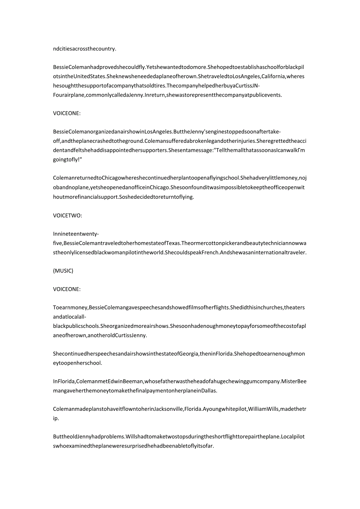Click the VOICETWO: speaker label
click(x=67, y=215)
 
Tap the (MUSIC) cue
click(x=63, y=271)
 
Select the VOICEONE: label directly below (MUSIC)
click(x=67, y=289)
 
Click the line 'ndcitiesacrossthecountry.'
click(x=85, y=49)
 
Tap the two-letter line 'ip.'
click(x=56, y=418)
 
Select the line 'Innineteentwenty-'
click(x=76, y=234)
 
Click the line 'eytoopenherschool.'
click(x=77, y=363)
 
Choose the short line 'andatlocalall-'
click(x=70, y=317)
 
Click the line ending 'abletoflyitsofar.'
click(x=133, y=446)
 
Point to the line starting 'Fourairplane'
click(x=167, y=95)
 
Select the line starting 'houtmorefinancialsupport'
click(x=124, y=197)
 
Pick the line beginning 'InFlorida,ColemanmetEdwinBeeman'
click(x=180, y=381)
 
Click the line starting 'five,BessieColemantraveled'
click(x=180, y=243)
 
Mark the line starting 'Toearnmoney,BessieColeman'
click(x=178, y=308)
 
